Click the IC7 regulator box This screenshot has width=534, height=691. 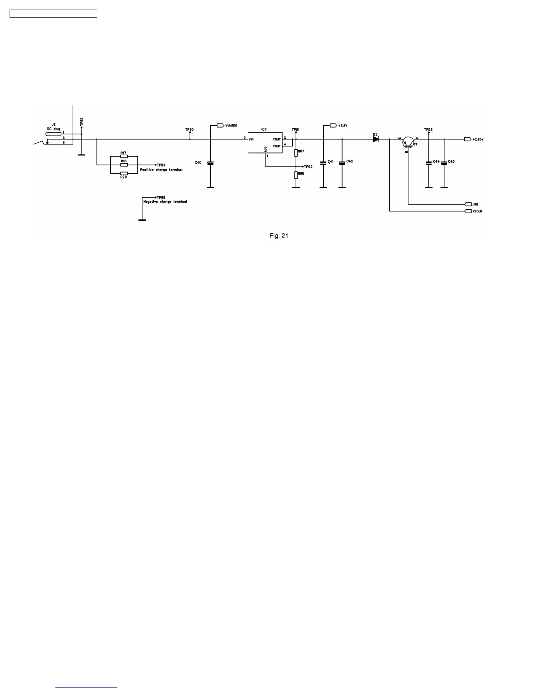(265, 142)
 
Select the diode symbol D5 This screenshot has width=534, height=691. (376, 139)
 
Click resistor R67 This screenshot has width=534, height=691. (296, 153)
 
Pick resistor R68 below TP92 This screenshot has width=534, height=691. (296, 175)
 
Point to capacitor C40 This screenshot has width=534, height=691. (210, 163)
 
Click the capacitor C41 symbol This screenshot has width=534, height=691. (323, 163)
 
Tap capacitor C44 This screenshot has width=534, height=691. (428, 163)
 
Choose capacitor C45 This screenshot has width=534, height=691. (444, 163)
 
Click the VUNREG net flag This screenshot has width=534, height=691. (221, 126)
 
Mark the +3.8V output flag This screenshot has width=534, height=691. (334, 126)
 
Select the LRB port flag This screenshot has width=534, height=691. (468, 204)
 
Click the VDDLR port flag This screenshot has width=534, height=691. (468, 211)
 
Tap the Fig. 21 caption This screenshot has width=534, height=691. (279, 236)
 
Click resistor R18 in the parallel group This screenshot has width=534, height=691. (124, 165)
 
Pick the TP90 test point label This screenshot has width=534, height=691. (189, 130)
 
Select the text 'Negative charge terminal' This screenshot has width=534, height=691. (165, 202)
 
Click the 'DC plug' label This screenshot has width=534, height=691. (54, 129)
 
